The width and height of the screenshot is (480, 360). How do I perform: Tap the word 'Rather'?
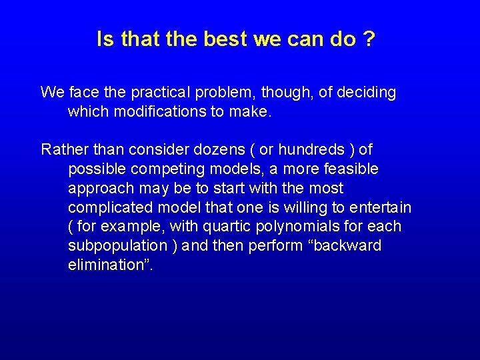[x=62, y=149]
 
